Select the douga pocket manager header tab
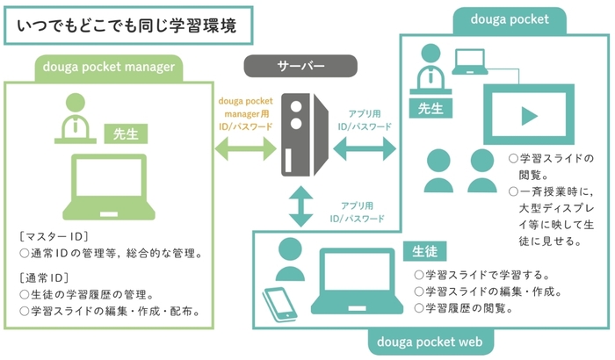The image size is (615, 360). point(109,66)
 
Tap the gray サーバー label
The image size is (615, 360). point(300,67)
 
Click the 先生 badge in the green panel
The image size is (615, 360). point(125,133)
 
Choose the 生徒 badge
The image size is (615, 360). point(422,250)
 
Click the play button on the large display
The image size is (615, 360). point(529,115)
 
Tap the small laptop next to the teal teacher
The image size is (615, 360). point(471,61)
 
